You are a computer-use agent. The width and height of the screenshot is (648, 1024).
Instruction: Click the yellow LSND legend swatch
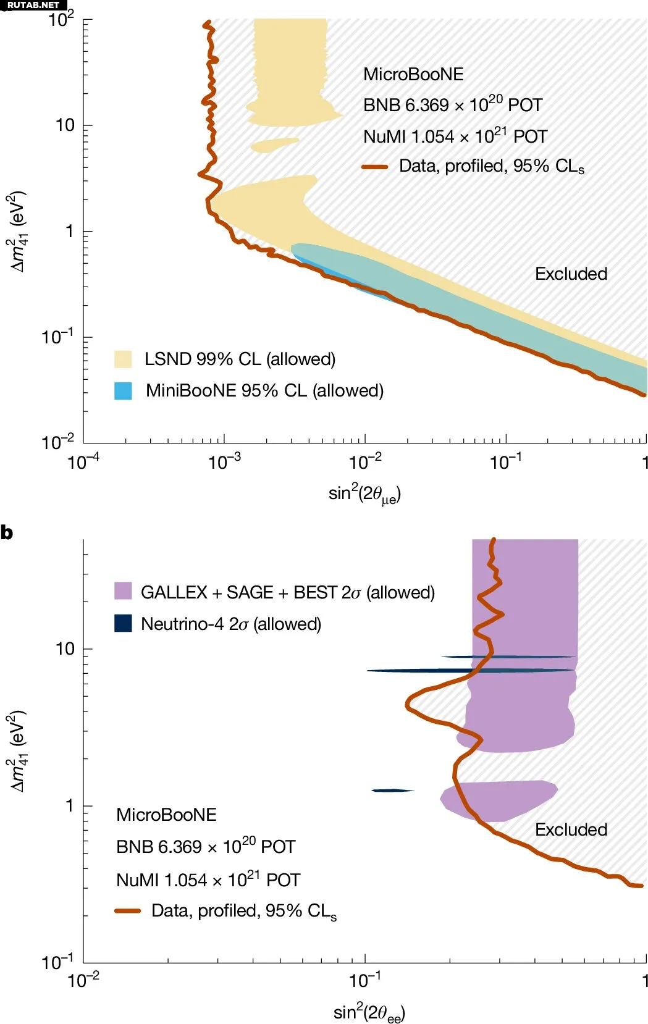point(123,359)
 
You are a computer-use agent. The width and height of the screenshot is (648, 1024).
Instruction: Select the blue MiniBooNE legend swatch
point(123,391)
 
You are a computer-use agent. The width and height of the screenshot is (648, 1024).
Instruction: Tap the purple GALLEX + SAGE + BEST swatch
point(123,591)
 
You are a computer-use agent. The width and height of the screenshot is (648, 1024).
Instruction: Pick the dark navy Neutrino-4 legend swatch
point(123,623)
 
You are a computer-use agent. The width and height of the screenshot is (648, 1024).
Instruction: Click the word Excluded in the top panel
point(571,274)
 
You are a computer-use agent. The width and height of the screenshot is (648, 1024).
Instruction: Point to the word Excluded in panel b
point(571,829)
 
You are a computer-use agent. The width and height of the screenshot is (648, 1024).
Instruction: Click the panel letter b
point(7,532)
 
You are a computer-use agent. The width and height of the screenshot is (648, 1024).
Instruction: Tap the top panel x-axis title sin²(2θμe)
point(364,494)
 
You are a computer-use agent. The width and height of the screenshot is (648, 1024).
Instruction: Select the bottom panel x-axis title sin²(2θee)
point(369,1013)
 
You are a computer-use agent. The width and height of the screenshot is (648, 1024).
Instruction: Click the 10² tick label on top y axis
point(61,20)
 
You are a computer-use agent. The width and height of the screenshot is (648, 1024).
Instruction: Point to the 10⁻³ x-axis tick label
point(224,461)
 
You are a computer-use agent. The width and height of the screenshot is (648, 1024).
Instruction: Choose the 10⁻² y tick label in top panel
point(58,442)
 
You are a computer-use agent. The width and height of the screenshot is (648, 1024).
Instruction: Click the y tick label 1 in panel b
point(69,805)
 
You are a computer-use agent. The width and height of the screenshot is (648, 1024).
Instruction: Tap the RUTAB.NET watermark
point(33,5)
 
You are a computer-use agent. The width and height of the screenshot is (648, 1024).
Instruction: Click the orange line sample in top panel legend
point(375,167)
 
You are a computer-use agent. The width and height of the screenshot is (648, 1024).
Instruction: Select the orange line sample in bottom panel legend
point(128,911)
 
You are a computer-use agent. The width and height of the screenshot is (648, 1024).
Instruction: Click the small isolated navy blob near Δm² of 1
point(392,790)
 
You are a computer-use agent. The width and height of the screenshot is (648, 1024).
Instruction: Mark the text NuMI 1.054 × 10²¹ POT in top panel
point(455,136)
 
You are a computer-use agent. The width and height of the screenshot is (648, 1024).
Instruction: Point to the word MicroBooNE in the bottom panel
point(166,815)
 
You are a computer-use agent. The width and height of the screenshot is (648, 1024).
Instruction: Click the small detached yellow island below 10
point(274,145)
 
